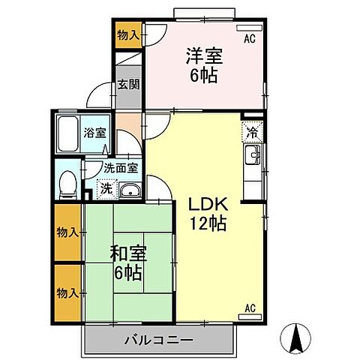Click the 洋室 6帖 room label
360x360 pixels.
203,64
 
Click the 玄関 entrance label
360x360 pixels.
126,85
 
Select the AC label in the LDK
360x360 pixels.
252,307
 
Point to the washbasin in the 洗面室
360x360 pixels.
130,190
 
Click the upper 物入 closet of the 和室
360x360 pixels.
67,232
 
